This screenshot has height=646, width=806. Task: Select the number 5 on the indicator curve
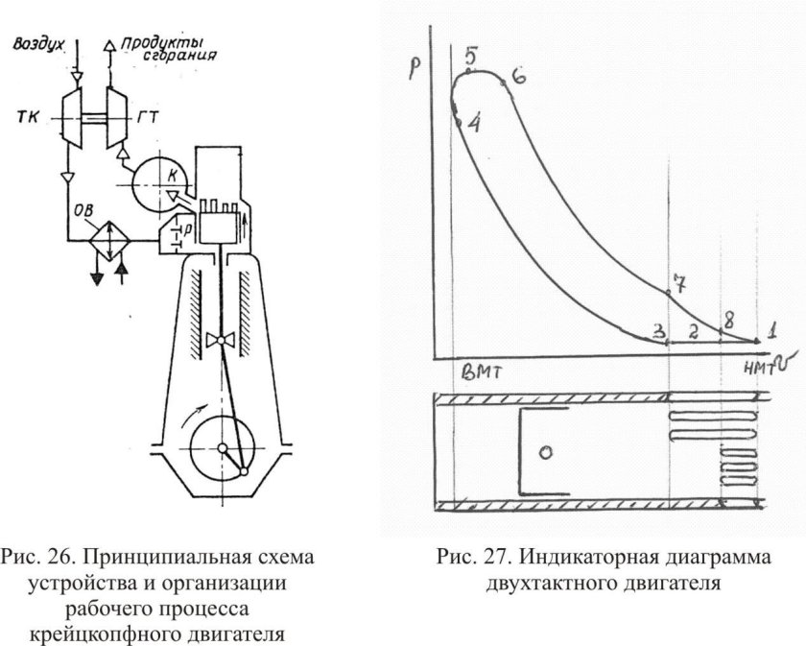[x=470, y=56]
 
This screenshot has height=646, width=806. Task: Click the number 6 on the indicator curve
[x=517, y=76]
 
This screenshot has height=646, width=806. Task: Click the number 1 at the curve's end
[x=772, y=328]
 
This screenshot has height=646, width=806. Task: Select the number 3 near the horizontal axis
[x=658, y=331]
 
